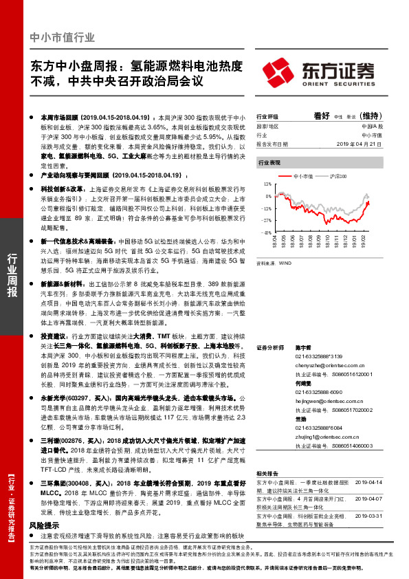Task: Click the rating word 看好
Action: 322,116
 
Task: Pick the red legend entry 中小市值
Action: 298,177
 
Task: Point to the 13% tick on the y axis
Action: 267,186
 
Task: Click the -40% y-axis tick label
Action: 267,232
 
